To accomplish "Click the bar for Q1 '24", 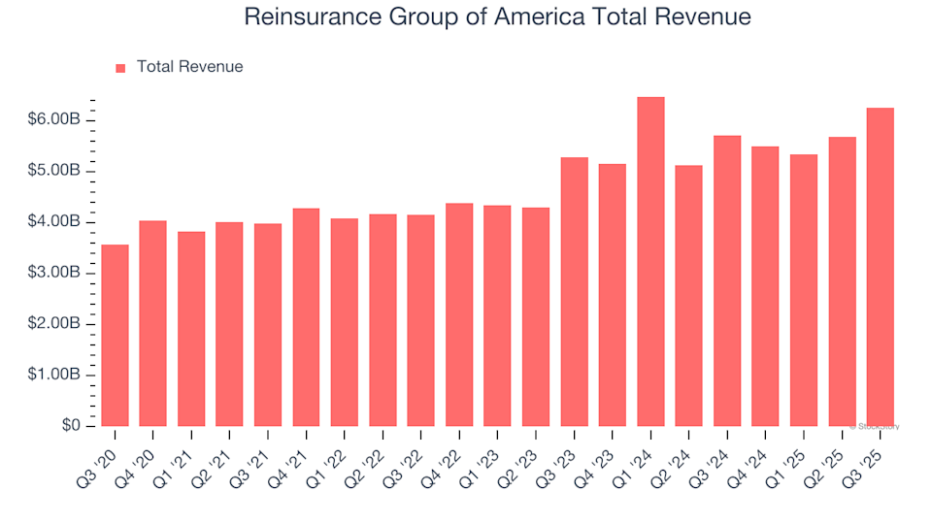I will (x=650, y=262).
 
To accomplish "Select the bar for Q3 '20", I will (x=115, y=335).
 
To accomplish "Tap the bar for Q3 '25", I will (x=880, y=267).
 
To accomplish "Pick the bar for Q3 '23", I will (x=574, y=291).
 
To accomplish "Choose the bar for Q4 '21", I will (x=306, y=317).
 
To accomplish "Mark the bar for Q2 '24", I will (x=688, y=296).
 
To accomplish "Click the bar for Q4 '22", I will (x=459, y=314).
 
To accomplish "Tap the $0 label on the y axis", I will (x=72, y=426).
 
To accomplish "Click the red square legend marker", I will (x=120, y=68).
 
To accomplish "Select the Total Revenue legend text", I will (x=189, y=67).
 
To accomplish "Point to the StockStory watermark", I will (x=875, y=426).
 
